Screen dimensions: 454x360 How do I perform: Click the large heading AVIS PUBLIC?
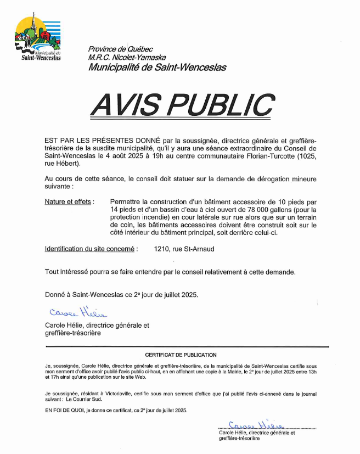(x=182, y=105)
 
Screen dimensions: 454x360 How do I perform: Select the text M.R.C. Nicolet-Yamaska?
(x=127, y=58)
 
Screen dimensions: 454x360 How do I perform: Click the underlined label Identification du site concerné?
(x=89, y=249)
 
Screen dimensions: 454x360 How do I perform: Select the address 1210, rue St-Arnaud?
(x=184, y=249)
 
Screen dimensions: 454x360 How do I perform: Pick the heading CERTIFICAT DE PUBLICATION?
(x=181, y=355)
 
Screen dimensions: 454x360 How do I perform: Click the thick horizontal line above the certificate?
(x=187, y=346)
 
